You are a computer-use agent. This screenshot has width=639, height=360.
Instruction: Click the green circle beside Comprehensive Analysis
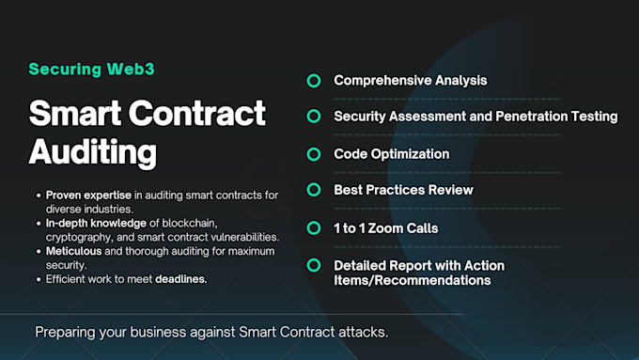pyautogui.click(x=314, y=81)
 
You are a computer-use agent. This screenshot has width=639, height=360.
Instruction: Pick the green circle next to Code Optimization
pyautogui.click(x=314, y=154)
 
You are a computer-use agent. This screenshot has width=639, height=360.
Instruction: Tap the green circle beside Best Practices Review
pyautogui.click(x=314, y=191)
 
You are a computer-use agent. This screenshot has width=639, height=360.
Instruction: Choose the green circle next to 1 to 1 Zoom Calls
pyautogui.click(x=314, y=227)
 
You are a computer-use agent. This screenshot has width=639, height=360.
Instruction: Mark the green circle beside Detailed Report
pyautogui.click(x=314, y=266)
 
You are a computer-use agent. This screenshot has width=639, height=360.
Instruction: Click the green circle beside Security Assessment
pyautogui.click(x=314, y=117)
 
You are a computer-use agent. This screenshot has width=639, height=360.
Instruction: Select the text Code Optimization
pyautogui.click(x=392, y=154)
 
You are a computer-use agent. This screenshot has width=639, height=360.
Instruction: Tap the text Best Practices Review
pyautogui.click(x=403, y=191)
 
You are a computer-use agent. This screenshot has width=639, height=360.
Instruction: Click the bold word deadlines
pyautogui.click(x=181, y=279)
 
